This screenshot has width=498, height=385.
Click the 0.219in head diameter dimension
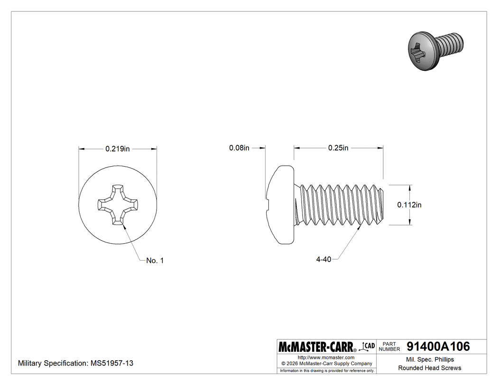118,149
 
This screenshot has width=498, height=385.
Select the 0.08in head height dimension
239,148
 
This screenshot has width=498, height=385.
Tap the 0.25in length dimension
338,148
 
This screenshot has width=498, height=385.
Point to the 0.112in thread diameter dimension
409,205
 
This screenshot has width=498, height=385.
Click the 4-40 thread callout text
323,259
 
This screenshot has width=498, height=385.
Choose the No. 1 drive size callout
155,260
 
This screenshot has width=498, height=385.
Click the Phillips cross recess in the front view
118,205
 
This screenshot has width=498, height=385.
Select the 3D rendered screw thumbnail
434,50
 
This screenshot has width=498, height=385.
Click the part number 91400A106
438,347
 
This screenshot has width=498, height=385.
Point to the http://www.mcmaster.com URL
326,357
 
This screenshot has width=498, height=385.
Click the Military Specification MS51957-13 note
75,363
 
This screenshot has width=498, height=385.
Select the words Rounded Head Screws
429,368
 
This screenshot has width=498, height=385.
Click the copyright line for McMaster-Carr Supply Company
326,364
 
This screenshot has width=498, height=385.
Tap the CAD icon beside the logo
368,346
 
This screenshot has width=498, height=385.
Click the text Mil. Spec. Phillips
429,359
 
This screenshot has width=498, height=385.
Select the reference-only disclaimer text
327,370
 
